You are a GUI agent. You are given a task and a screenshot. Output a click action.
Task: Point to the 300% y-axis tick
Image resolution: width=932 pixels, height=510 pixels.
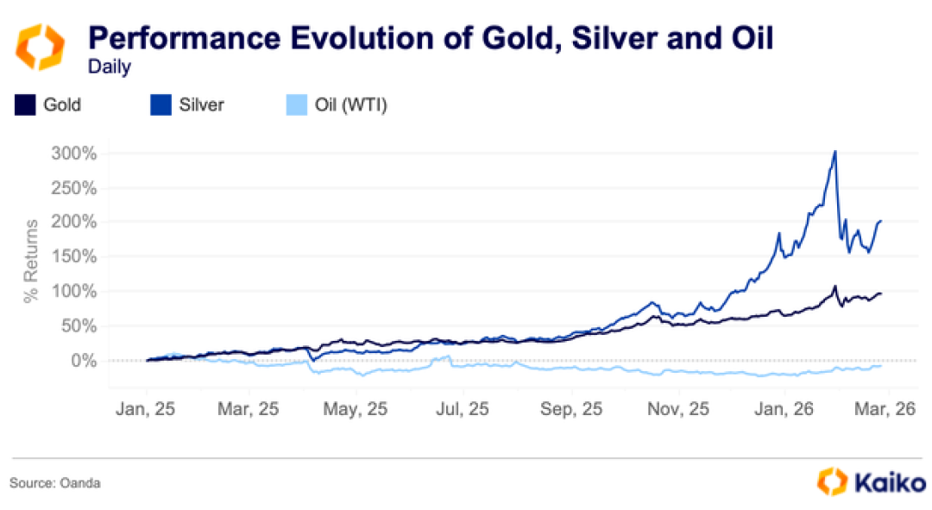tap(76, 154)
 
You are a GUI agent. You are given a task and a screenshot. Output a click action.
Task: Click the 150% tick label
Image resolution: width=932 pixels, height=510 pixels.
tap(76, 257)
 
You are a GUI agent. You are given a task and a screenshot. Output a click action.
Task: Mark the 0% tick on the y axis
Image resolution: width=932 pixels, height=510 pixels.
tap(83, 360)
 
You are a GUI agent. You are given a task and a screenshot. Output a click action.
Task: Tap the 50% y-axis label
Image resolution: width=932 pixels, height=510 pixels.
tap(79, 326)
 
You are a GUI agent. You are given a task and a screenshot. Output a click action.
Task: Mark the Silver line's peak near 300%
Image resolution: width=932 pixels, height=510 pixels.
tap(834, 153)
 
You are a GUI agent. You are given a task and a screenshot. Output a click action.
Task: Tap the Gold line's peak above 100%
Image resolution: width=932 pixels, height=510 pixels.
tap(834, 286)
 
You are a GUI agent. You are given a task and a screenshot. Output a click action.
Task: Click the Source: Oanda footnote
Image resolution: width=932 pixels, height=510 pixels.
tap(55, 483)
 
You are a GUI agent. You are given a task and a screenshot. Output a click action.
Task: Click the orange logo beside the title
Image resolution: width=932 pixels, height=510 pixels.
tap(41, 47)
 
